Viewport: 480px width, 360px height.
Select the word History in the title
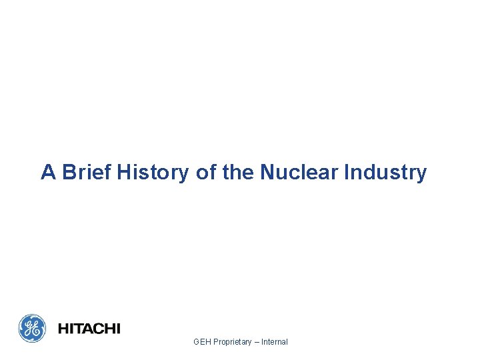pos(154,173)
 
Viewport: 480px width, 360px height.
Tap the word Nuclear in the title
pos(299,173)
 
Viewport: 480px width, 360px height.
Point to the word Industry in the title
pos(385,173)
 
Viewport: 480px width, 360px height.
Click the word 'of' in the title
pos(206,173)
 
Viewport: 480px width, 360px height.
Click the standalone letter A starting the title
pos(48,173)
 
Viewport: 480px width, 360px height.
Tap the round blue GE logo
pos(32,328)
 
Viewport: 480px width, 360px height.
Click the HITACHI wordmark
pos(89,329)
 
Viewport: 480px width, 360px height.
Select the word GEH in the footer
pos(202,342)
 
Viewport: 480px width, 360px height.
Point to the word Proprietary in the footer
pos(233,342)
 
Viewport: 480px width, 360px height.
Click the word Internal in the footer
pos(275,342)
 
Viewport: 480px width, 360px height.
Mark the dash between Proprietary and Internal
pos(257,342)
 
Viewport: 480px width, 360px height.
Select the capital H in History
pos(125,173)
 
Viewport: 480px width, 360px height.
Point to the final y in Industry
pos(421,175)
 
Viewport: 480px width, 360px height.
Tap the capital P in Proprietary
pos(216,342)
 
